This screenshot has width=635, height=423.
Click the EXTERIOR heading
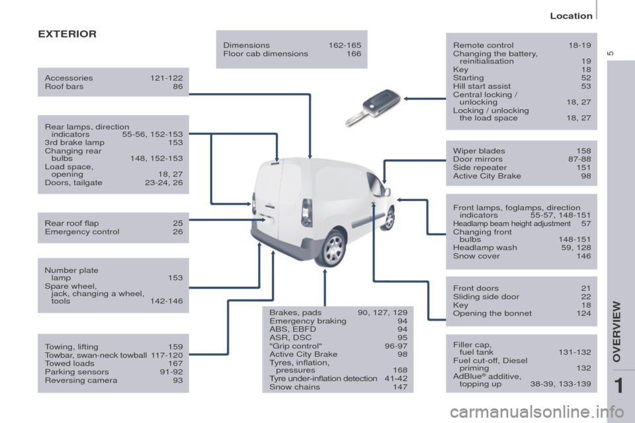pos(67,34)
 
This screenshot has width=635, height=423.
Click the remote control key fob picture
pos(373,107)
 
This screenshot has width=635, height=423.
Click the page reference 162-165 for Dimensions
pos(345,46)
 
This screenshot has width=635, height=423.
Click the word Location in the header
pos(571,16)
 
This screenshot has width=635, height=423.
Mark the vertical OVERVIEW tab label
pos(616,331)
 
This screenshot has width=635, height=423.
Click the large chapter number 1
pos(618,386)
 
